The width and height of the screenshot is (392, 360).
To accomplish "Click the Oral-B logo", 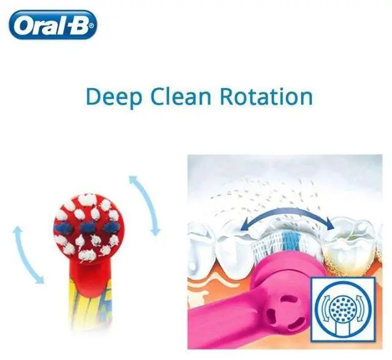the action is [x=53, y=25].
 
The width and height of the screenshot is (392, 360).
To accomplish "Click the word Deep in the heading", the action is [x=114, y=97].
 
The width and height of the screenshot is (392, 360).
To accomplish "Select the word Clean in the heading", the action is [x=181, y=97].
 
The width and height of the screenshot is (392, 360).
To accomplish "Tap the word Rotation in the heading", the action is [x=266, y=97].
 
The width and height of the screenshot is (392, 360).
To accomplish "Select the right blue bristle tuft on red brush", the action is [x=109, y=227].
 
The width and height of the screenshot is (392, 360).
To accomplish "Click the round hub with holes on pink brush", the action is [x=285, y=310].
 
